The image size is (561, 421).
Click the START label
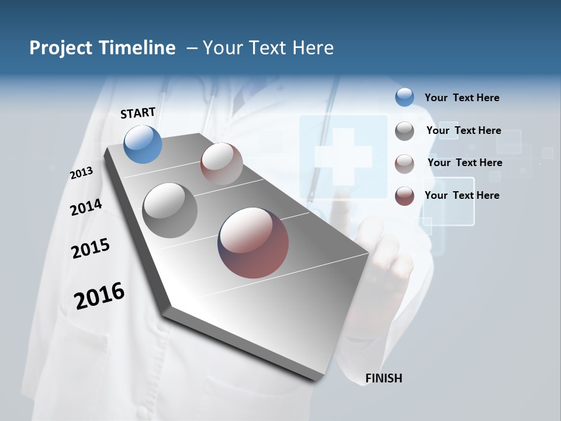tap(138, 113)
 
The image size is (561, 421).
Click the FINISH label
tap(383, 378)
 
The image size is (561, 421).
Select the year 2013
tap(82, 172)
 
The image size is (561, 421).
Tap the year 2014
tap(86, 207)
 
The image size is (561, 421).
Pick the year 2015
tap(91, 249)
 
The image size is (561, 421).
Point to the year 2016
tap(99, 296)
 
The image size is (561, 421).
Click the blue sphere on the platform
tap(143, 144)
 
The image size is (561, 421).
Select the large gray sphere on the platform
tap(170, 210)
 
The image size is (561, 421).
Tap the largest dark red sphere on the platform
tap(253, 243)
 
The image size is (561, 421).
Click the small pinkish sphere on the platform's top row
tap(221, 164)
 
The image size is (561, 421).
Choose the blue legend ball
tap(404, 97)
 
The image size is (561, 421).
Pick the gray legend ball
tap(404, 131)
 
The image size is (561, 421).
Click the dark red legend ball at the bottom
tap(404, 196)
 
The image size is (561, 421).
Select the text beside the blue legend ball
tap(462, 98)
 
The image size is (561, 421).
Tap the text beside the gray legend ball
tap(463, 130)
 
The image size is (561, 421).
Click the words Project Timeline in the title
tap(102, 48)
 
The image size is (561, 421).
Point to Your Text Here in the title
tap(268, 48)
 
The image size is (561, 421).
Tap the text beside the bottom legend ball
tap(462, 195)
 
